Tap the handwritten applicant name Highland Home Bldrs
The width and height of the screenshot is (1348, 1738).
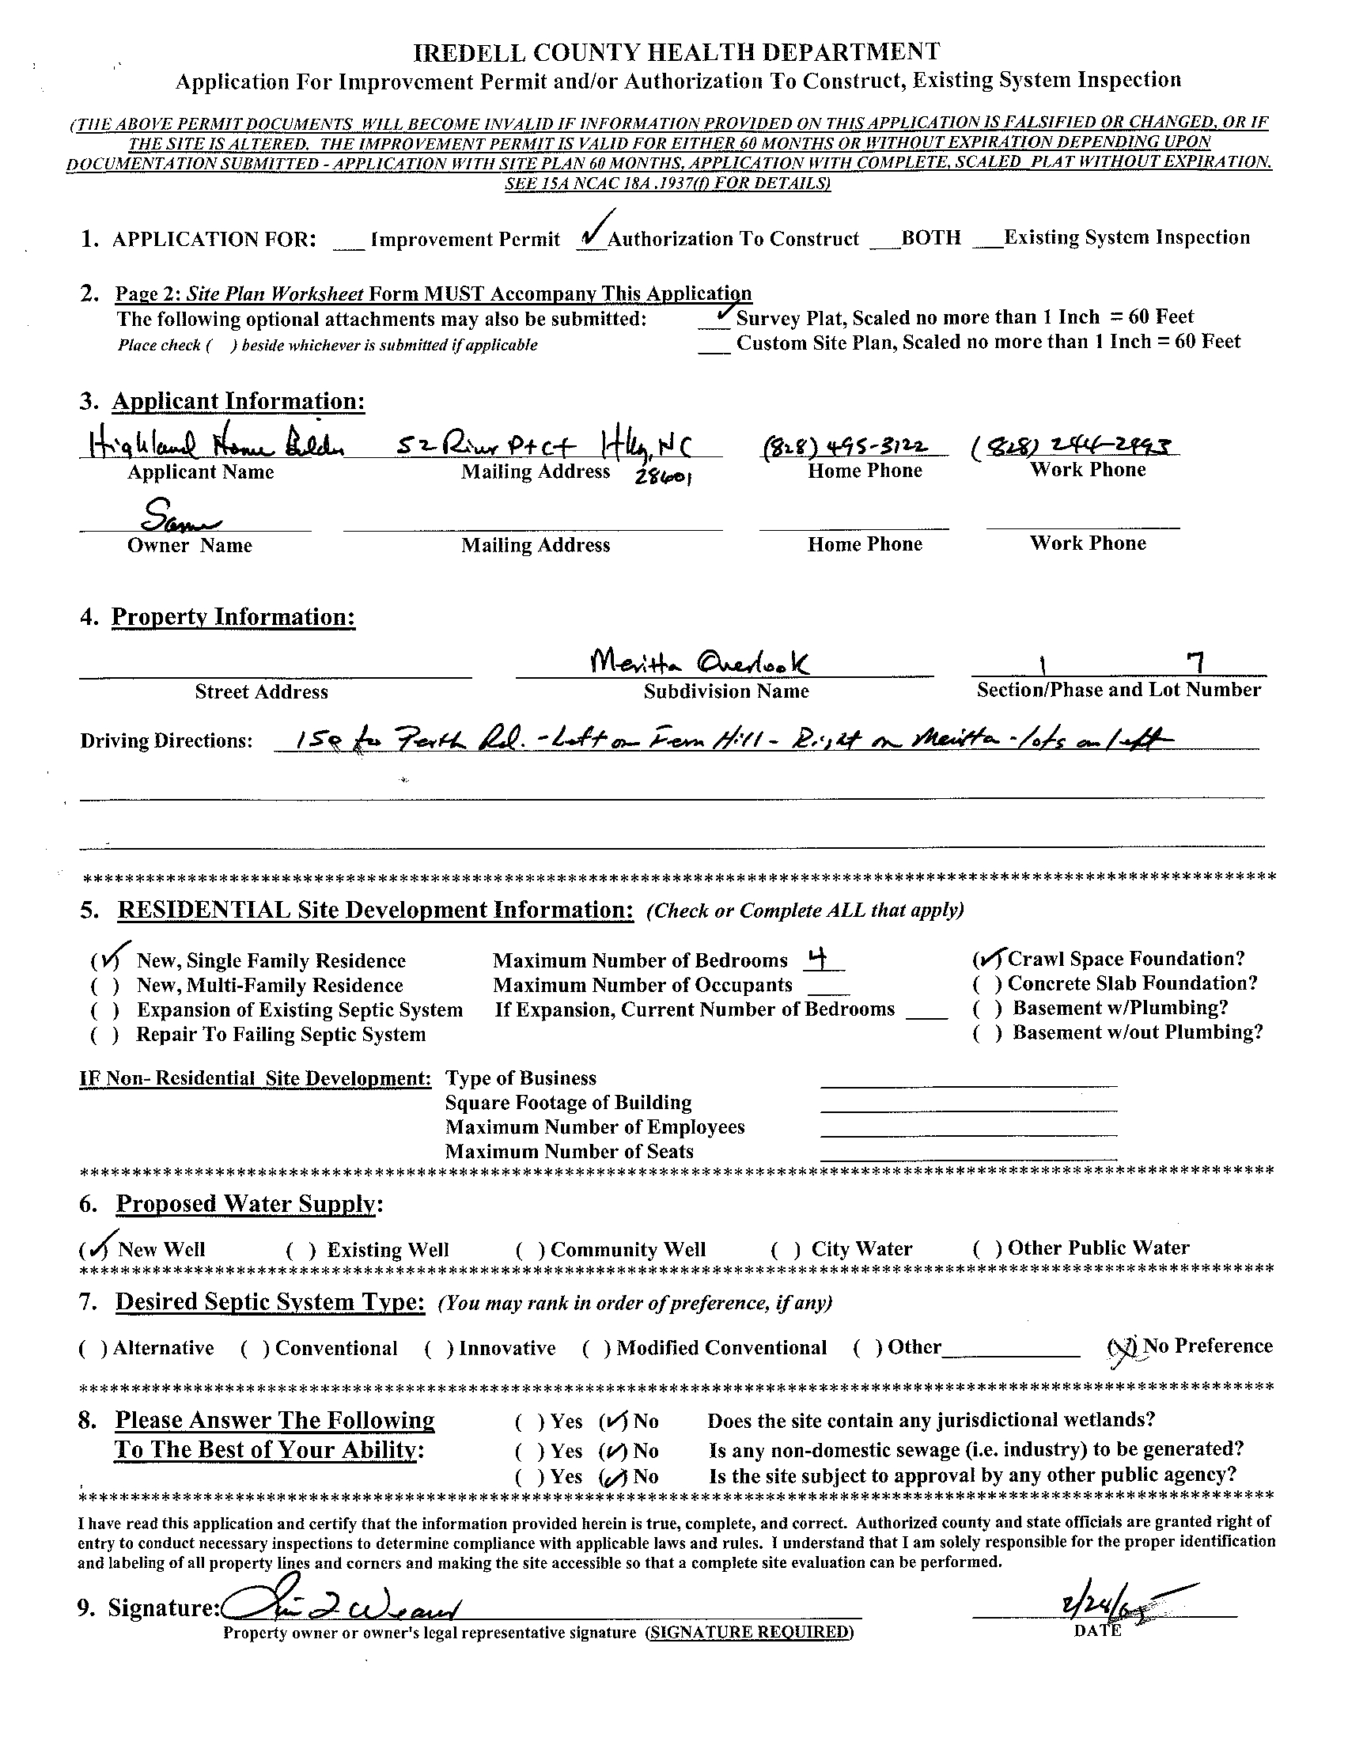point(211,445)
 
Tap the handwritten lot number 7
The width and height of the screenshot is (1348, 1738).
point(1194,661)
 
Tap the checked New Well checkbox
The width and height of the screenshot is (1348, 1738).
point(96,1249)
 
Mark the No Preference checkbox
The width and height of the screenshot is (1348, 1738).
point(1122,1347)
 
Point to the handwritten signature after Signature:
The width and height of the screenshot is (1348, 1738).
point(339,1607)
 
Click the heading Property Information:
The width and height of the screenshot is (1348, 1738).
point(233,617)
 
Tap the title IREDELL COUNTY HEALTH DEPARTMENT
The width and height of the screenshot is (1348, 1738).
point(676,52)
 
